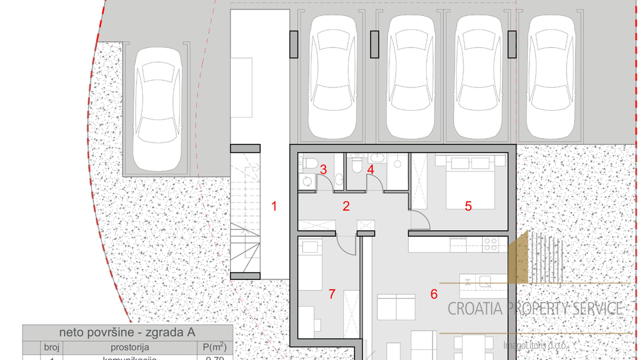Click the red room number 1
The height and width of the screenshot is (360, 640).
[274, 206]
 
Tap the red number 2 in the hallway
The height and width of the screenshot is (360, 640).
[346, 206]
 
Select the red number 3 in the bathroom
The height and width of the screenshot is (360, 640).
[323, 169]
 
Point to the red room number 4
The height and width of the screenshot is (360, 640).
[371, 169]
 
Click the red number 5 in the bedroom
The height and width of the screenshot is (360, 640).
[468, 206]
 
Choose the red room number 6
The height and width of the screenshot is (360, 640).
[433, 293]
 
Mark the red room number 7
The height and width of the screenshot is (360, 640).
[332, 293]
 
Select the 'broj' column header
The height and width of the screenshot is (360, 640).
[51, 347]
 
